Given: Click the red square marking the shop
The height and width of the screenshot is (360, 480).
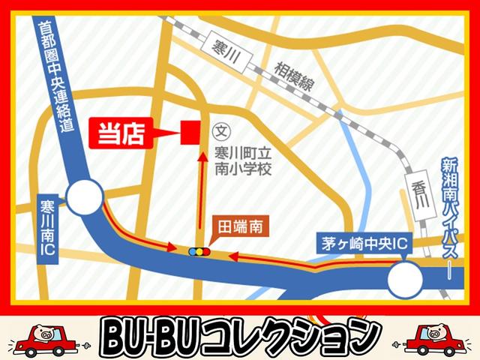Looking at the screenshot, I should (x=190, y=133).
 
